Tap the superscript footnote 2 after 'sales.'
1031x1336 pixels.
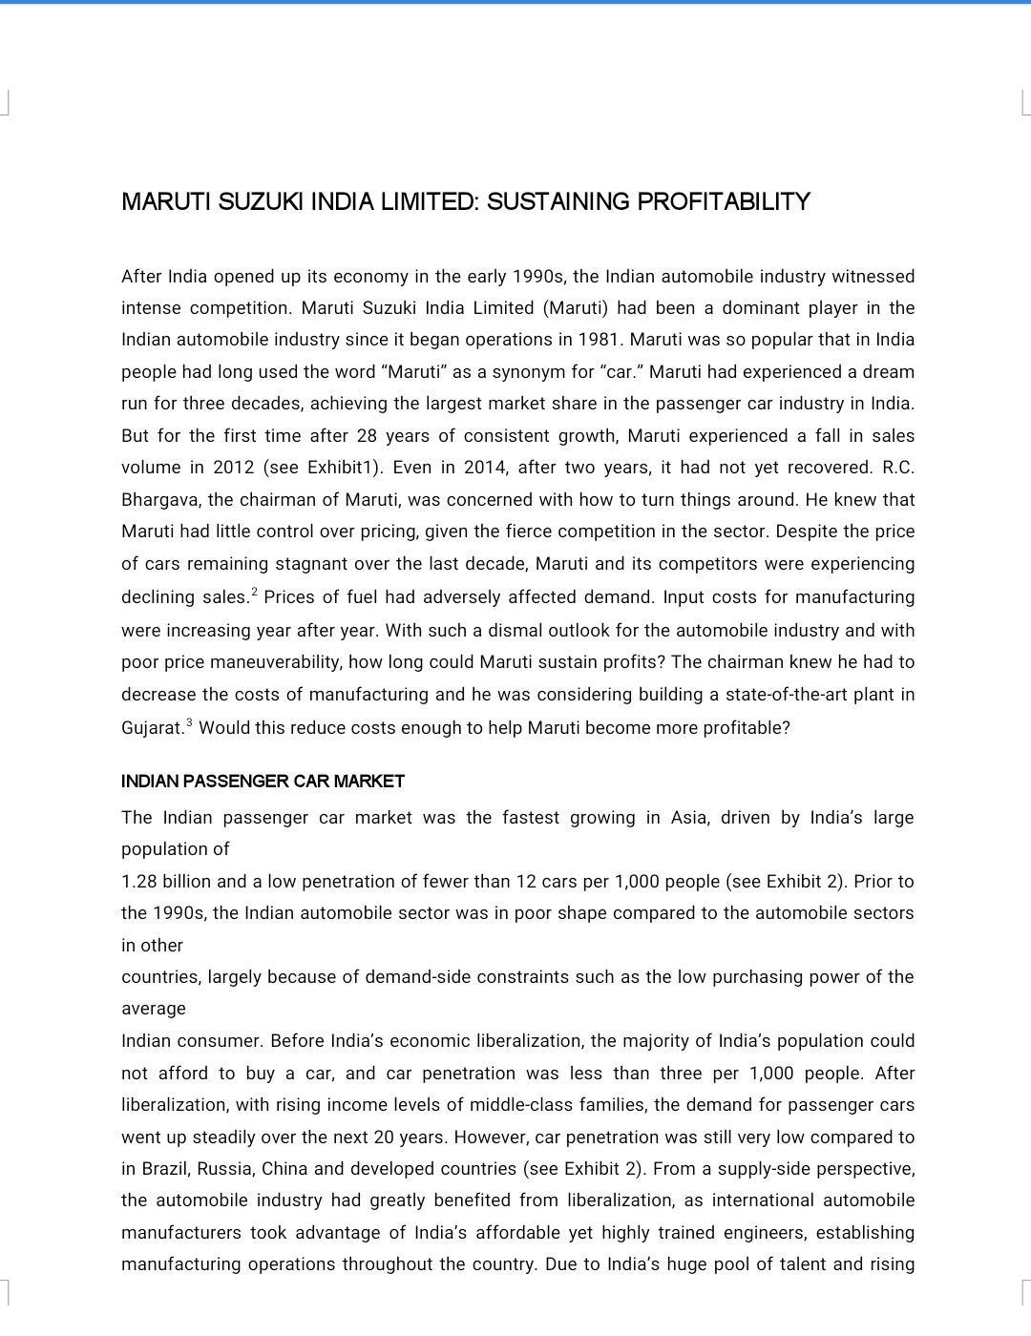tap(254, 592)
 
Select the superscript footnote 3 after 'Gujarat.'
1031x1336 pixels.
tap(189, 722)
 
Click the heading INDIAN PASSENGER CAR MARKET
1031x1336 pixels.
tap(263, 782)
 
